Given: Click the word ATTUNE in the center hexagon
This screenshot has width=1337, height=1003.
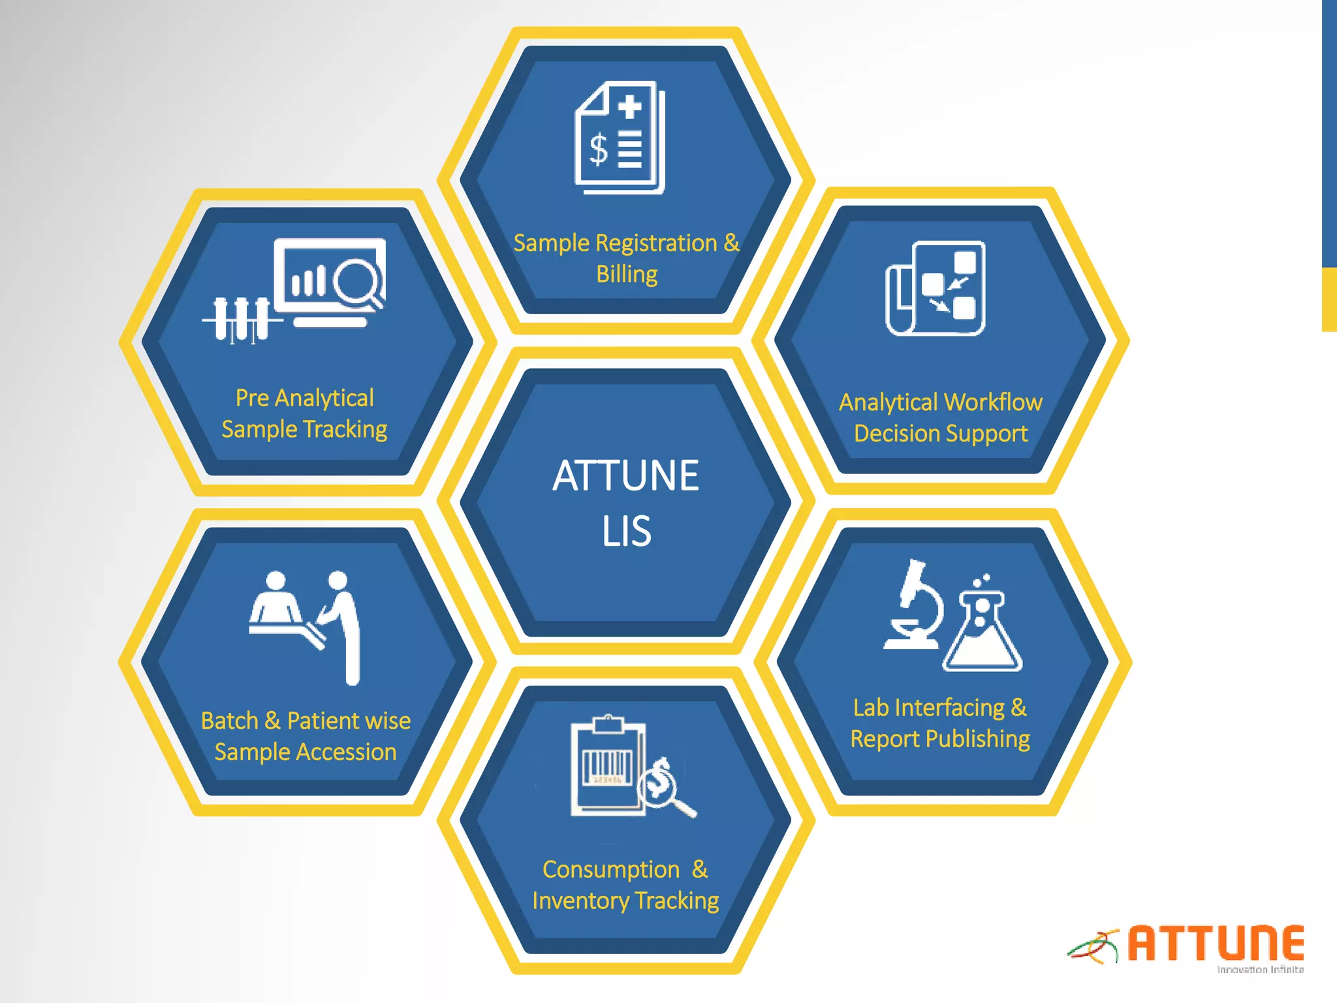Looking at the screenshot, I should click(x=625, y=475).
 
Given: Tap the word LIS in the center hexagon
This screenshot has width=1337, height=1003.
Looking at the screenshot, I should click(x=625, y=531).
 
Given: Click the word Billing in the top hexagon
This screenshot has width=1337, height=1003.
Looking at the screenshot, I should click(x=626, y=274).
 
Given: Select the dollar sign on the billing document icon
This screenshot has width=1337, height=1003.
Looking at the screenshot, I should click(x=598, y=150).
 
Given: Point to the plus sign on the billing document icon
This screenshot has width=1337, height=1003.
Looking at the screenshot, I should click(x=629, y=106).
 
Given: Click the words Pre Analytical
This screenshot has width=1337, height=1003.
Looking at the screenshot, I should click(x=304, y=398).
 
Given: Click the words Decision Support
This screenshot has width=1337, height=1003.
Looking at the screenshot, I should click(x=940, y=434).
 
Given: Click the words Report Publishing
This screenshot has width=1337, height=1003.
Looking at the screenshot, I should click(x=939, y=739).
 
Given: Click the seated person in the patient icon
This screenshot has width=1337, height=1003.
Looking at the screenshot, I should click(x=276, y=601).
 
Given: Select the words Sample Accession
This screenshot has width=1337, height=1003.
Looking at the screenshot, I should click(x=305, y=752).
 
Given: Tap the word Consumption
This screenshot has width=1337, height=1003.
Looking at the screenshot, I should click(x=611, y=870).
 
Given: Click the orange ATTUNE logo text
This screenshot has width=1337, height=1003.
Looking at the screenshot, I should click(x=1216, y=943).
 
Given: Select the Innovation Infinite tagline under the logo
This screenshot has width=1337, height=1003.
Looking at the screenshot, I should click(x=1260, y=970).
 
